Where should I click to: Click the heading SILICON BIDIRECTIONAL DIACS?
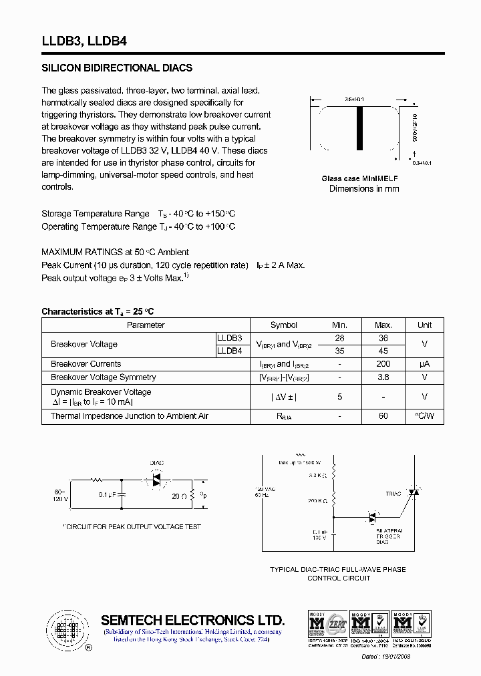coord(117,68)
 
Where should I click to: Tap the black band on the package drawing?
coord(358,129)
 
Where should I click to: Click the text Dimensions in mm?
coord(364,189)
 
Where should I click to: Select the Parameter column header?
coord(146,325)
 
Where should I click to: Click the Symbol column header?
coord(284,325)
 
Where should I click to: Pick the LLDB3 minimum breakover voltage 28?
coord(339,338)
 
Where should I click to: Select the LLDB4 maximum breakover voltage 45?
coord(383,351)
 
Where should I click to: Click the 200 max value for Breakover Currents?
coord(383,364)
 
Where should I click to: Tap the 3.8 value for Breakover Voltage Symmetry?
coord(383,377)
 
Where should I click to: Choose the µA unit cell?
coord(424,364)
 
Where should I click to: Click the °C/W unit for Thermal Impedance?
coord(424,416)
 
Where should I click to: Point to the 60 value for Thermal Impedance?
coord(383,416)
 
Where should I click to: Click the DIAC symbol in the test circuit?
coord(157,480)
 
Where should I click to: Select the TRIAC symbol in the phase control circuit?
coord(414,492)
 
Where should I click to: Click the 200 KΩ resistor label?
coord(317,500)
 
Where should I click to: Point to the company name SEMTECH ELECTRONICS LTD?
coord(192,620)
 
